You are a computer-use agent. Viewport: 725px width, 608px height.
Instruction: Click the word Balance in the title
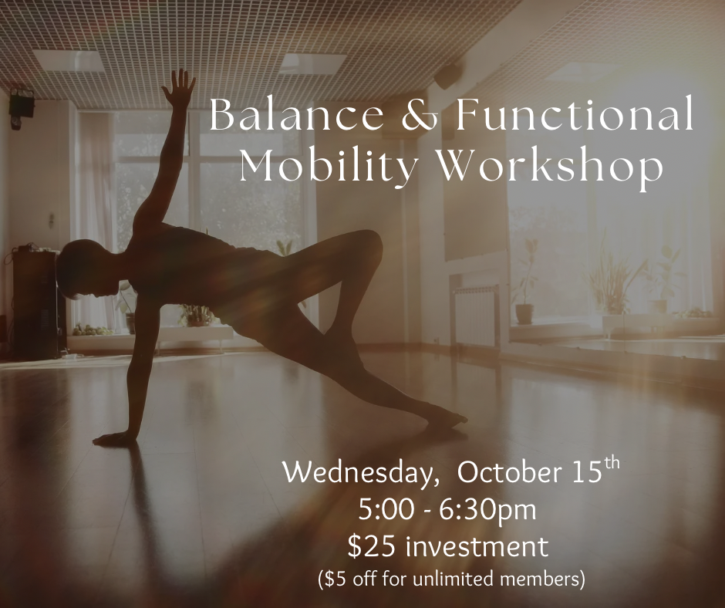pos(296,114)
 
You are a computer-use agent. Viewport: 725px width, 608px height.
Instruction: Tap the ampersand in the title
pos(420,115)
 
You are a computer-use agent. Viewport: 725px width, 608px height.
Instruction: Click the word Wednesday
pos(360,474)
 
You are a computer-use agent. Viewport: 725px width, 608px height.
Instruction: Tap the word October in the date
pos(507,472)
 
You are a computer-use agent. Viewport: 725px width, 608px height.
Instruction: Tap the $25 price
pos(371,546)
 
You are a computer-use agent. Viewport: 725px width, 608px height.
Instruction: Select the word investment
pos(477,546)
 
